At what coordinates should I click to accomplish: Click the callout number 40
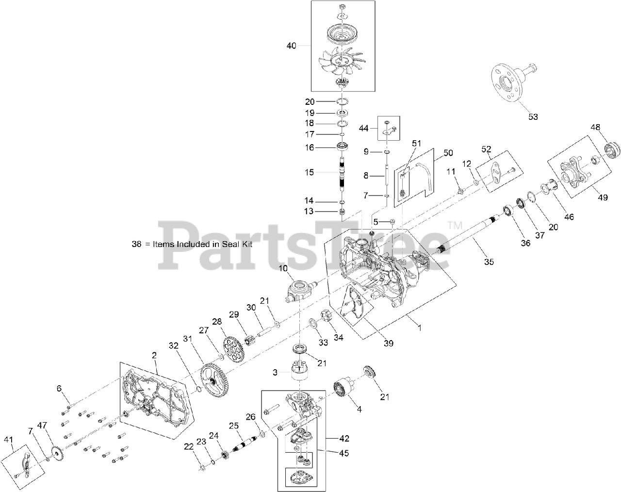[291, 46]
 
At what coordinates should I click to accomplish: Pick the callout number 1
[420, 328]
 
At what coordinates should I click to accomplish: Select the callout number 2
[154, 356]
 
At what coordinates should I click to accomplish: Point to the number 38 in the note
[136, 245]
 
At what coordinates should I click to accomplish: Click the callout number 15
[323, 172]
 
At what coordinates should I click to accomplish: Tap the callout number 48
[595, 127]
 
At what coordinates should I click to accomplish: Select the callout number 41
[8, 440]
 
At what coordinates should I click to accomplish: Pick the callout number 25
[234, 426]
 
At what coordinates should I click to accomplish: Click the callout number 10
[283, 268]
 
